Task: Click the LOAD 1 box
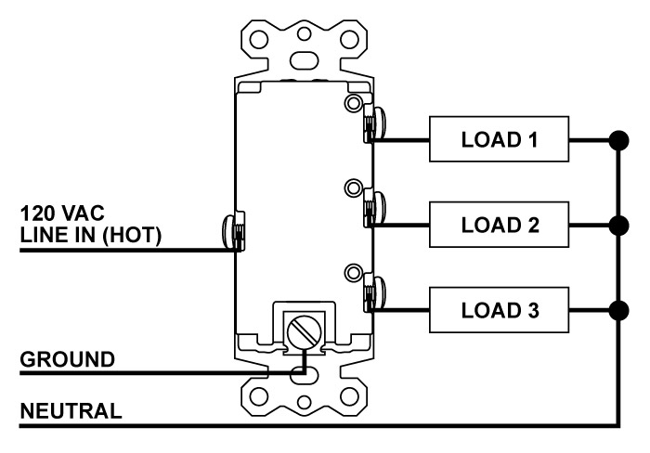[x=499, y=139]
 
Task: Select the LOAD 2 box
[x=499, y=225]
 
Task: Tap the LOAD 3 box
[x=499, y=310]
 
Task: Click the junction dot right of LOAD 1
[x=619, y=140]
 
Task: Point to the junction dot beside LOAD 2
[x=619, y=226]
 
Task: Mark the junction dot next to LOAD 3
[x=619, y=311]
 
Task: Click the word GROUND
[x=67, y=359]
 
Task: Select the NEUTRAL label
[x=71, y=411]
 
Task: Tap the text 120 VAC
[x=62, y=213]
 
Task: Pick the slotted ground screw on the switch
[x=305, y=331]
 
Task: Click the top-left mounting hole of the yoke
[x=259, y=40]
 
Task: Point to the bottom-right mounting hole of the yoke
[x=349, y=397]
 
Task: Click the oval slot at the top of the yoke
[x=305, y=60]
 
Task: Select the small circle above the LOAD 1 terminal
[x=353, y=102]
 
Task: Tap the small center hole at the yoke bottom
[x=305, y=402]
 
